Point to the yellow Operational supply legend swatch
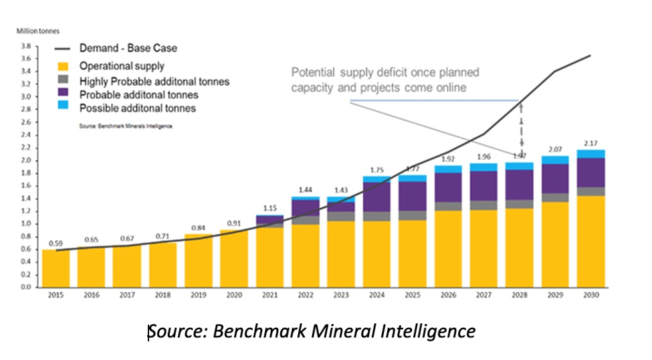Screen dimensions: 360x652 [x=63, y=66]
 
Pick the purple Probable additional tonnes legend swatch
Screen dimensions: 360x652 [x=63, y=94]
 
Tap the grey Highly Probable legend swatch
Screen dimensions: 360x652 [x=63, y=81]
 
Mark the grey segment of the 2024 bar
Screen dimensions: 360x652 [x=375, y=216]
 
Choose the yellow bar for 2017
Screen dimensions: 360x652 [x=126, y=266]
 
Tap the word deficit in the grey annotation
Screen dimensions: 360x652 [x=376, y=72]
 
